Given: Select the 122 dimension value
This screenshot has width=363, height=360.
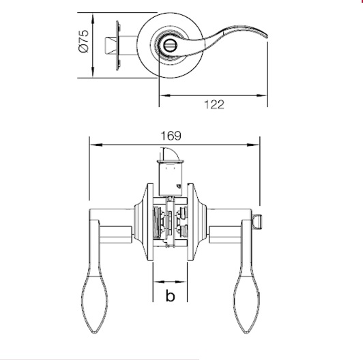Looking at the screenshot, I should point(214,104).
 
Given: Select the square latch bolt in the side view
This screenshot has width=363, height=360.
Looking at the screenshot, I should point(108,45).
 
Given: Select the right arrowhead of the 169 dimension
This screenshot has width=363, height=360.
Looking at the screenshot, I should point(257,145).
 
